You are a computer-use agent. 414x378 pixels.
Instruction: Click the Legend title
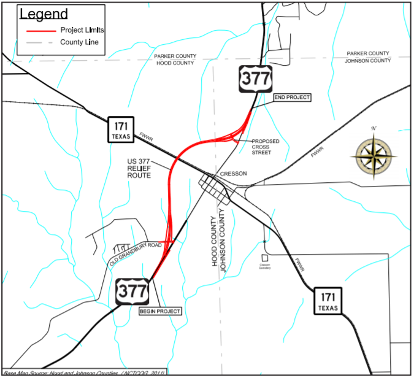point(44,14)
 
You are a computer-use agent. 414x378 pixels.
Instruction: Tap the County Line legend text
point(79,42)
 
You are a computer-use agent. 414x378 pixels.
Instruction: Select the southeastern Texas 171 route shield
point(325,300)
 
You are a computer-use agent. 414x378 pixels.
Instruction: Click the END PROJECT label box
point(292,98)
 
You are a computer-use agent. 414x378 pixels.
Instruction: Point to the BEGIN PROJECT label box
point(161,311)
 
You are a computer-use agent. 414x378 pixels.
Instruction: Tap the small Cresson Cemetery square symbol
point(264,258)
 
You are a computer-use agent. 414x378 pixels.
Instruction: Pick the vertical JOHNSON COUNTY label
point(224,240)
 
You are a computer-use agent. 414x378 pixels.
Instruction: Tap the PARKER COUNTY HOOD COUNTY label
point(175,60)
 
